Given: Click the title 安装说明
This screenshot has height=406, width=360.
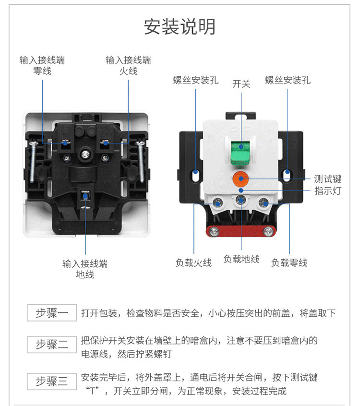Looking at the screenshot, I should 180,27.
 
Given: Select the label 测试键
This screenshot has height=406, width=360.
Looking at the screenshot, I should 328,179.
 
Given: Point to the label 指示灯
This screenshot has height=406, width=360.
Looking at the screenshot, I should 328,191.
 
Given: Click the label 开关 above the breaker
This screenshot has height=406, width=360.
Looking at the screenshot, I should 241,84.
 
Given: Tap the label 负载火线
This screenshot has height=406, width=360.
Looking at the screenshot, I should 193,263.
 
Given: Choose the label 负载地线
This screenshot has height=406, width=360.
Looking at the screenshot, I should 241,259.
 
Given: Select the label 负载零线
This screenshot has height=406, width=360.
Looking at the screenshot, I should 289,263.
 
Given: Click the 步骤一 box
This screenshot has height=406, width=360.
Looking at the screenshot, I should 52,313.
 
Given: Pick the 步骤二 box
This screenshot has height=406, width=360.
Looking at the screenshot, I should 52,345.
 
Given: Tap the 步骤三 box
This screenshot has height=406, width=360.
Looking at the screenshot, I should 52,382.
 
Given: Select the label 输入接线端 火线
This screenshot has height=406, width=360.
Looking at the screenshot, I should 128,66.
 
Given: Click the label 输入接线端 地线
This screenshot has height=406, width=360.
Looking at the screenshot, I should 85,269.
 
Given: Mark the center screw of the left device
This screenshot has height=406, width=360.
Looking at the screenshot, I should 85,155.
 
